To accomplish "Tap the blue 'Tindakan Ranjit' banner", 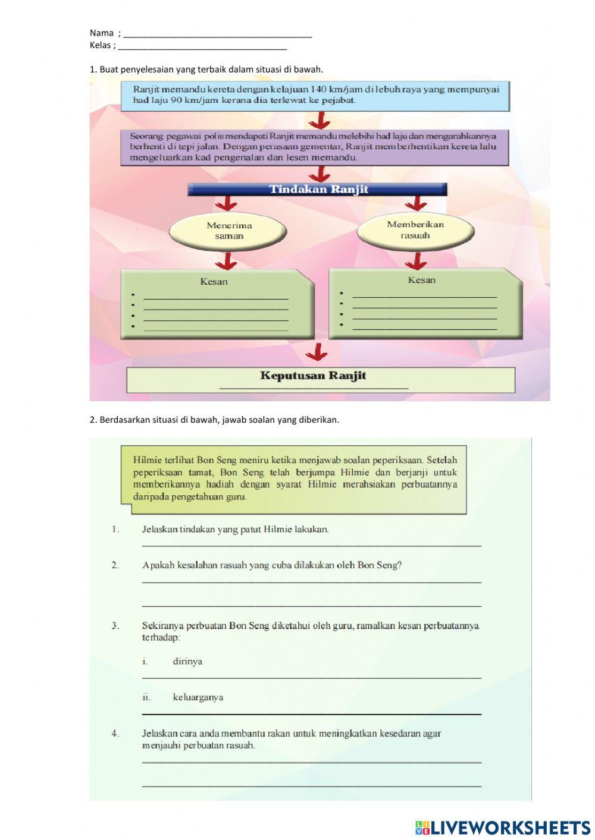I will click(x=318, y=190).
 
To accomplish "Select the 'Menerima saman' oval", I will click(x=229, y=231).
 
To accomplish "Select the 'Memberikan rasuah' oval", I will click(x=415, y=229).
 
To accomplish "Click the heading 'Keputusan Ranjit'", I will click(x=313, y=376).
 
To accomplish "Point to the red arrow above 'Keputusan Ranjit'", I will click(x=317, y=353).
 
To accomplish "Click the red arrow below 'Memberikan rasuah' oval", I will click(x=416, y=260).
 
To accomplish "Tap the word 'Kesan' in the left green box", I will click(x=214, y=282).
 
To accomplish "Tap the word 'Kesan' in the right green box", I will click(x=422, y=280).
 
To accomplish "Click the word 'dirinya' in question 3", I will click(x=187, y=661).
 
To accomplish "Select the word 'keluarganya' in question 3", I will click(x=198, y=697).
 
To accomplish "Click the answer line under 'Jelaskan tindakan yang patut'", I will click(x=312, y=544).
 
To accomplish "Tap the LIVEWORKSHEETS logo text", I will click(x=510, y=828).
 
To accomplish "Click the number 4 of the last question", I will click(x=115, y=734).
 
